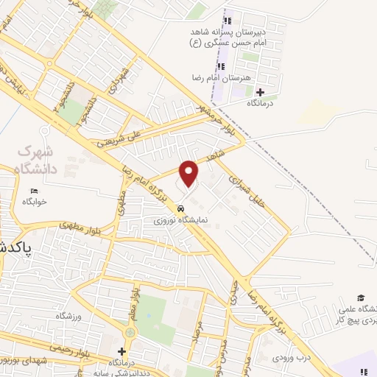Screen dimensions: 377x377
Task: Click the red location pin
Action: [x=190, y=173]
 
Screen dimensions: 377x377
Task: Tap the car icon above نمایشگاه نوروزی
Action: [x=182, y=208]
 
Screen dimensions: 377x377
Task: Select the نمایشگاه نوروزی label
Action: [x=186, y=219]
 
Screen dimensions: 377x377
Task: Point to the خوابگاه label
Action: [x=34, y=201]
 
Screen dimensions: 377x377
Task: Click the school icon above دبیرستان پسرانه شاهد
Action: [x=227, y=21]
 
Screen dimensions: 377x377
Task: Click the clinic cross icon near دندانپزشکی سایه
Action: [x=121, y=352]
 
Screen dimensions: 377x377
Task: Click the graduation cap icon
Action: [x=361, y=297]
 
